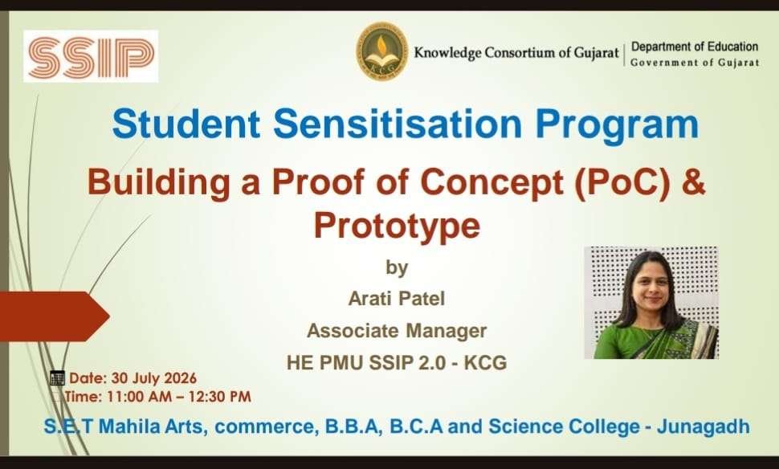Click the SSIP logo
[91, 56]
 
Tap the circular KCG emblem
[382, 51]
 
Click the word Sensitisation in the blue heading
[398, 124]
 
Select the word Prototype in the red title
[397, 226]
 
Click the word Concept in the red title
[491, 182]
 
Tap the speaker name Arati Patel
[397, 299]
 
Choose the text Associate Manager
[397, 330]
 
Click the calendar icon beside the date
[58, 378]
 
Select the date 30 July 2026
[154, 378]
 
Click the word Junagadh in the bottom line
[703, 426]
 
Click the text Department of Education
[695, 47]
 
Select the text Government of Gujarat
[695, 63]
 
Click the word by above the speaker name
[397, 267]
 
